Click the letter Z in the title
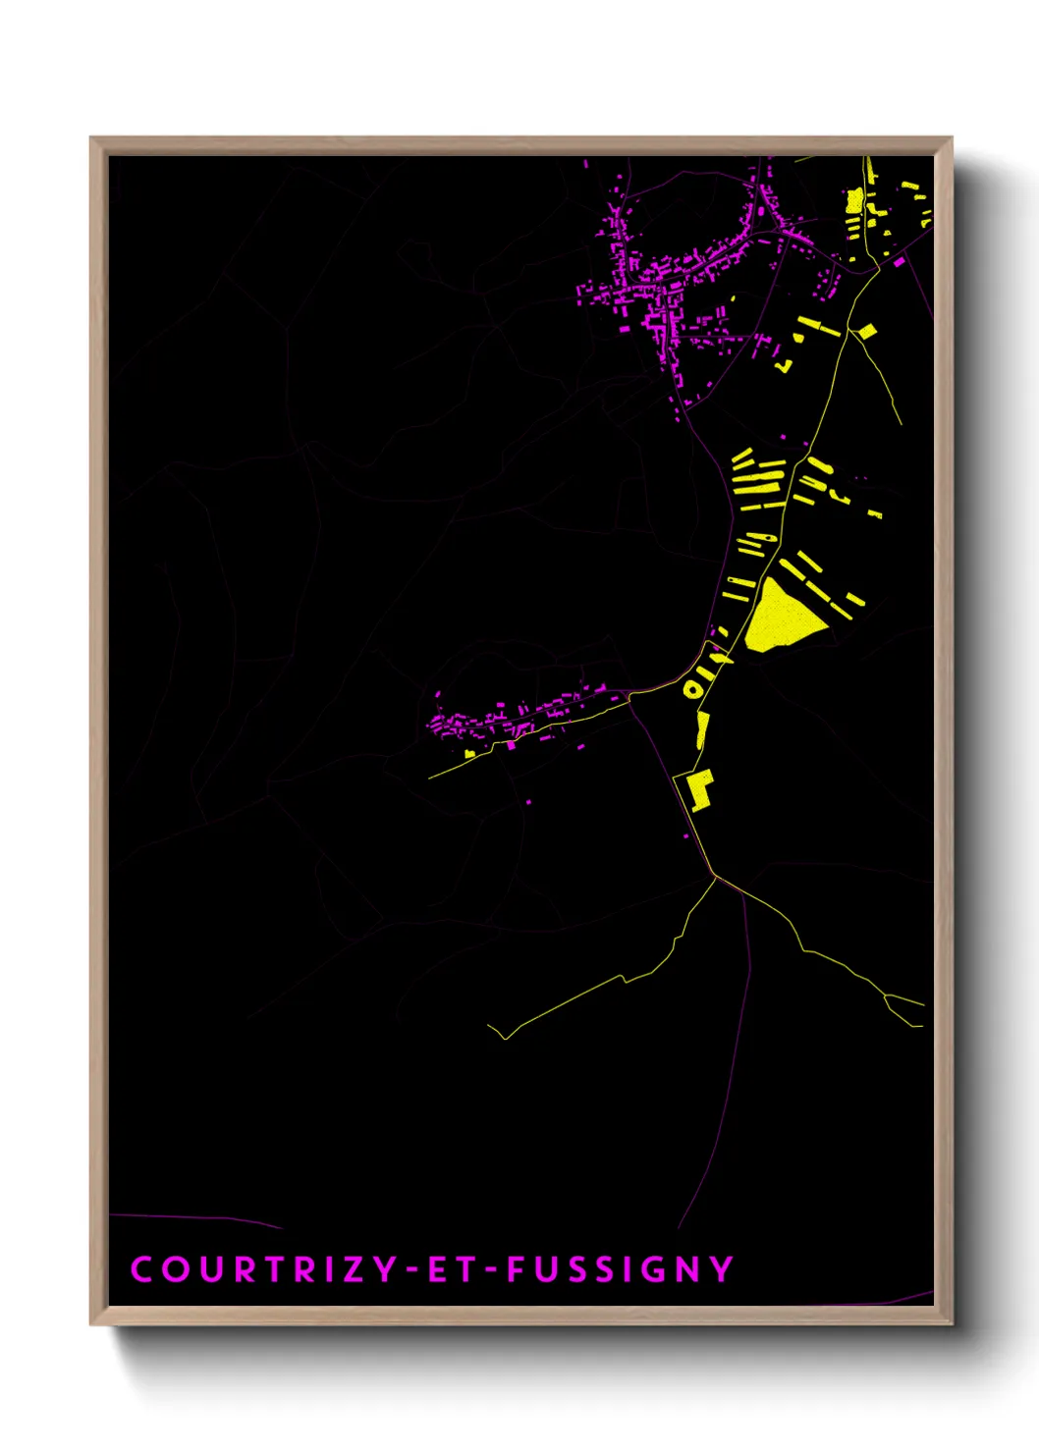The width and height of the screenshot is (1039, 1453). (x=355, y=1269)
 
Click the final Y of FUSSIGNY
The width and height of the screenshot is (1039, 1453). (x=723, y=1269)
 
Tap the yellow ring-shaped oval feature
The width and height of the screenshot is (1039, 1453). (x=693, y=689)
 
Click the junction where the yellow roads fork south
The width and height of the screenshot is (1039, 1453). (x=716, y=876)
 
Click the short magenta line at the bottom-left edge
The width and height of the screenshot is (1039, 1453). (x=196, y=1219)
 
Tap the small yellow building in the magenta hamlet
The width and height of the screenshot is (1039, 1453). (x=470, y=753)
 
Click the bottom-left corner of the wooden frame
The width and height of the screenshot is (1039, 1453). (x=92, y=1323)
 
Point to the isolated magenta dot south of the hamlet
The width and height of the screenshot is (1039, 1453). (x=529, y=802)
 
